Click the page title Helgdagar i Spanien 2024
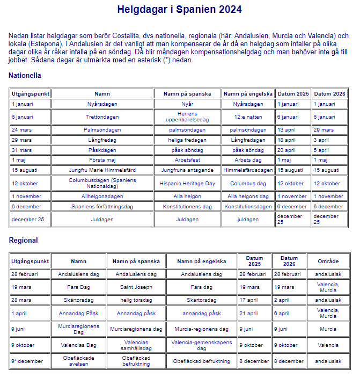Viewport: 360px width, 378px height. click(x=179, y=10)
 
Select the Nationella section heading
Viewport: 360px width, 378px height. click(x=25, y=76)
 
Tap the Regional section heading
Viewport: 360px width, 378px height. click(x=23, y=240)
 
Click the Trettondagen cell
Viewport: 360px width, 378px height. click(x=102, y=117)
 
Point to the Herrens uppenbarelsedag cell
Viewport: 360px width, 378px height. click(x=187, y=117)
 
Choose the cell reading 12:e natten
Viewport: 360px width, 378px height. click(x=248, y=117)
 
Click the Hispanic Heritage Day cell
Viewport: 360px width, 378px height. click(x=187, y=183)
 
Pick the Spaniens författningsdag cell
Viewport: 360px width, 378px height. click(x=102, y=206)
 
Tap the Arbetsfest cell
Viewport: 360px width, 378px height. click(x=187, y=160)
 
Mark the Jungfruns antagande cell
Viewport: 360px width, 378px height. click(x=187, y=170)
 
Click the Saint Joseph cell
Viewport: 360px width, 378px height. click(x=136, y=287)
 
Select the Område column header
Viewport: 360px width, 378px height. click(x=328, y=261)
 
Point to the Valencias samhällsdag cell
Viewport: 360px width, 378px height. click(x=136, y=345)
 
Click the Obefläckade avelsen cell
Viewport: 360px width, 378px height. click(x=78, y=361)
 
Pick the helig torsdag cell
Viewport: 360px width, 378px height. click(x=136, y=300)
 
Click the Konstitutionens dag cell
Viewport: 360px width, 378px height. click(x=187, y=206)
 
